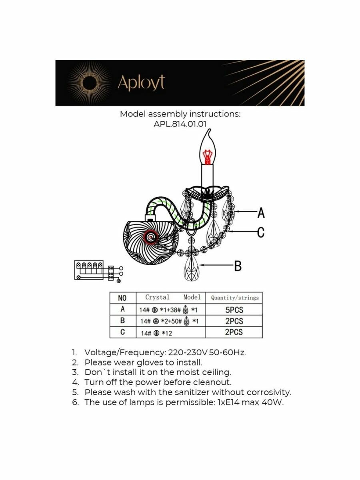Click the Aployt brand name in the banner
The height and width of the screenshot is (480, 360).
point(141,83)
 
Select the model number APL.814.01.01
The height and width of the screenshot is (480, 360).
point(180,124)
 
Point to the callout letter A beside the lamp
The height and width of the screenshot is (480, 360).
point(261,213)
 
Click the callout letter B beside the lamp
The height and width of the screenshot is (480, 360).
point(238,266)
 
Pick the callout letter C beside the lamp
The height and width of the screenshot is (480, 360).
point(260,232)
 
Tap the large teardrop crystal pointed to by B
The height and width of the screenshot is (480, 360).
point(191,269)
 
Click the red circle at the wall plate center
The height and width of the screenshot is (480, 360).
point(151,238)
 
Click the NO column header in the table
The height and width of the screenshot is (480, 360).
point(122,298)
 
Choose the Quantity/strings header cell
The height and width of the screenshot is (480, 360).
point(234,298)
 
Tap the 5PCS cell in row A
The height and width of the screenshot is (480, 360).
point(234,310)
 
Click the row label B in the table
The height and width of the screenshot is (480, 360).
point(122,321)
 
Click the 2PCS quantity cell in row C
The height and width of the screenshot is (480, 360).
point(234,332)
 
